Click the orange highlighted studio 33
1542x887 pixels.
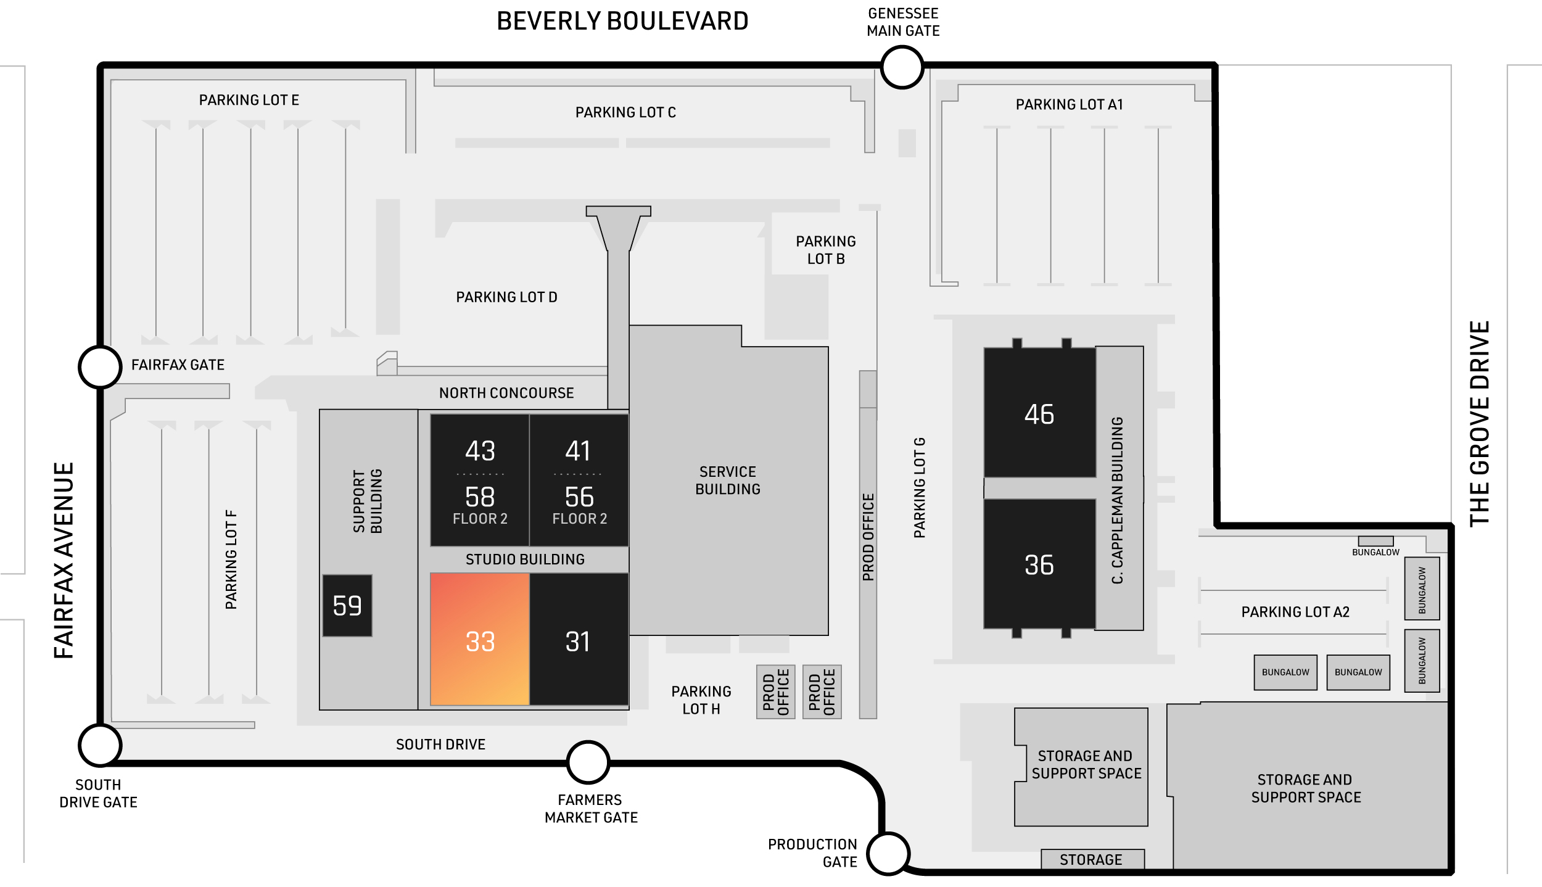[480, 639]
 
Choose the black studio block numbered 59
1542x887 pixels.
[347, 606]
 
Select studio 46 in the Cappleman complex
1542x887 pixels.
[1040, 412]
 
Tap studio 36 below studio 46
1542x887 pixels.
[1040, 564]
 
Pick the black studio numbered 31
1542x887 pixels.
[579, 639]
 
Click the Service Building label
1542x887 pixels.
[728, 481]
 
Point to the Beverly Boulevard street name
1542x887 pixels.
[622, 22]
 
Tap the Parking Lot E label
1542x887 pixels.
[249, 100]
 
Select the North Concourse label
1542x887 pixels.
[506, 393]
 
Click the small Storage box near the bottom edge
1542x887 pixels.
[1092, 859]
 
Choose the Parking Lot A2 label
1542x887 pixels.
[1295, 612]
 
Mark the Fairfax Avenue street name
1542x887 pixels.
[64, 561]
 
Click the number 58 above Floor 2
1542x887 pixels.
[480, 497]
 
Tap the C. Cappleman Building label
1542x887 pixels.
[1117, 500]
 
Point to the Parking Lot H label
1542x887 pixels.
[701, 700]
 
